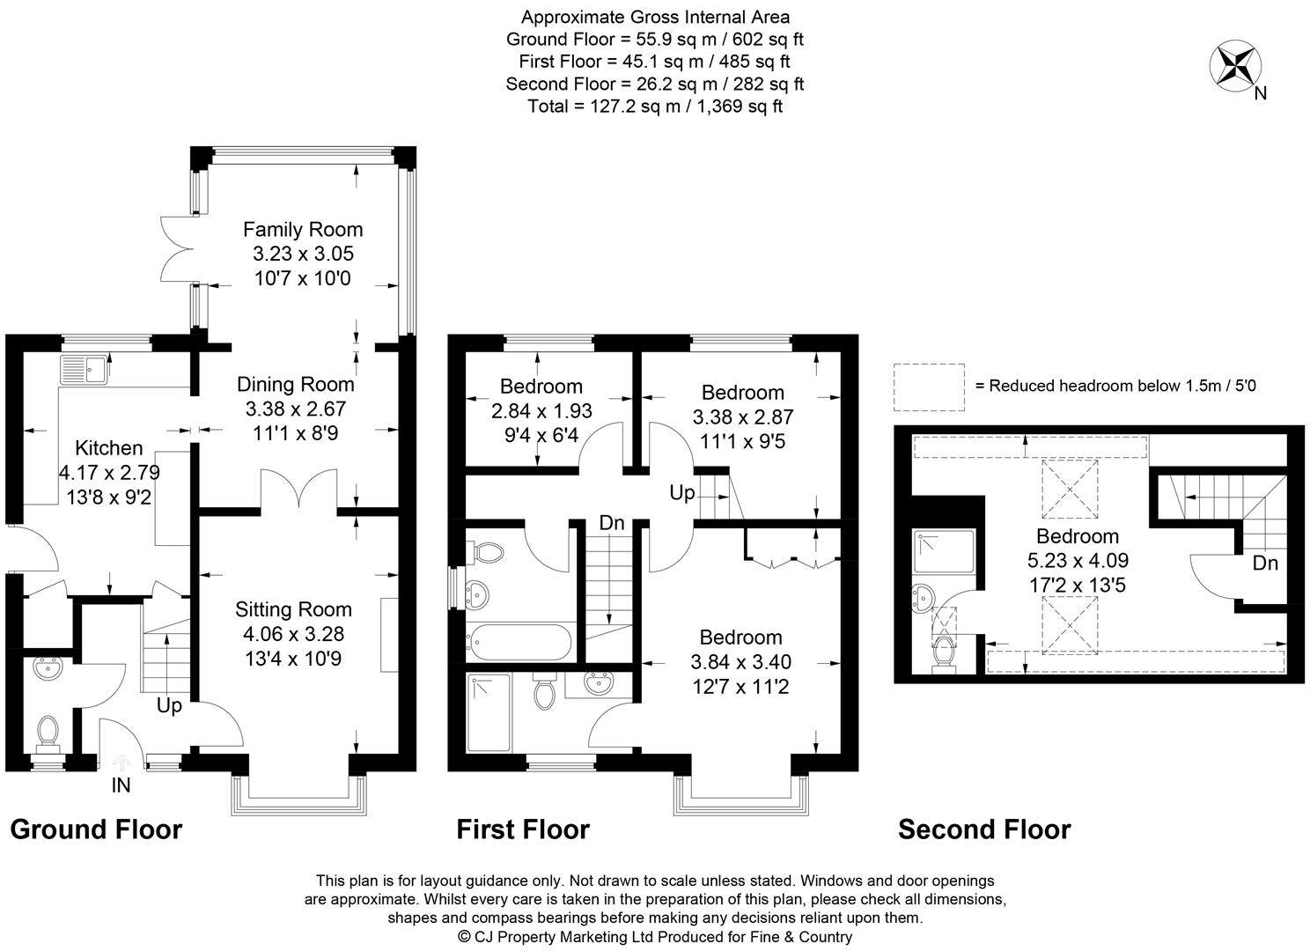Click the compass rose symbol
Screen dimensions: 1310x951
click(x=1234, y=66)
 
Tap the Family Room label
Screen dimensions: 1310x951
click(x=303, y=229)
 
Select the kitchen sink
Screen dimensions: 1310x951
click(x=85, y=369)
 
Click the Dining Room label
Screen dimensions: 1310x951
click(x=295, y=384)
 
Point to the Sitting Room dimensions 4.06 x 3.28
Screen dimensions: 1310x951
click(x=293, y=633)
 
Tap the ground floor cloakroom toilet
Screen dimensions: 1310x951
click(x=48, y=735)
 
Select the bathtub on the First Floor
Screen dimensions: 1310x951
click(x=519, y=642)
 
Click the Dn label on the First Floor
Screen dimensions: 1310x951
click(x=612, y=522)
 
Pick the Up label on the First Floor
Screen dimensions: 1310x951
click(x=682, y=492)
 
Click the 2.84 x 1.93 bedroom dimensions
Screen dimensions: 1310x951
click(x=541, y=410)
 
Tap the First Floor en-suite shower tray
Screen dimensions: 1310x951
click(x=489, y=711)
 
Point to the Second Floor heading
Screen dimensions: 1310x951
click(x=984, y=829)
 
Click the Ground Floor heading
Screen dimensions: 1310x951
click(x=97, y=829)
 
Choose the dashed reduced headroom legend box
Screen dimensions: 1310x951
click(x=929, y=387)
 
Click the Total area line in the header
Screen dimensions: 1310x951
click(x=655, y=106)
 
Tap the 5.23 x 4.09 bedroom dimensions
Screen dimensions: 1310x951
click(x=1078, y=560)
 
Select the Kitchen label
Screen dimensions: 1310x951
click(x=109, y=447)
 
